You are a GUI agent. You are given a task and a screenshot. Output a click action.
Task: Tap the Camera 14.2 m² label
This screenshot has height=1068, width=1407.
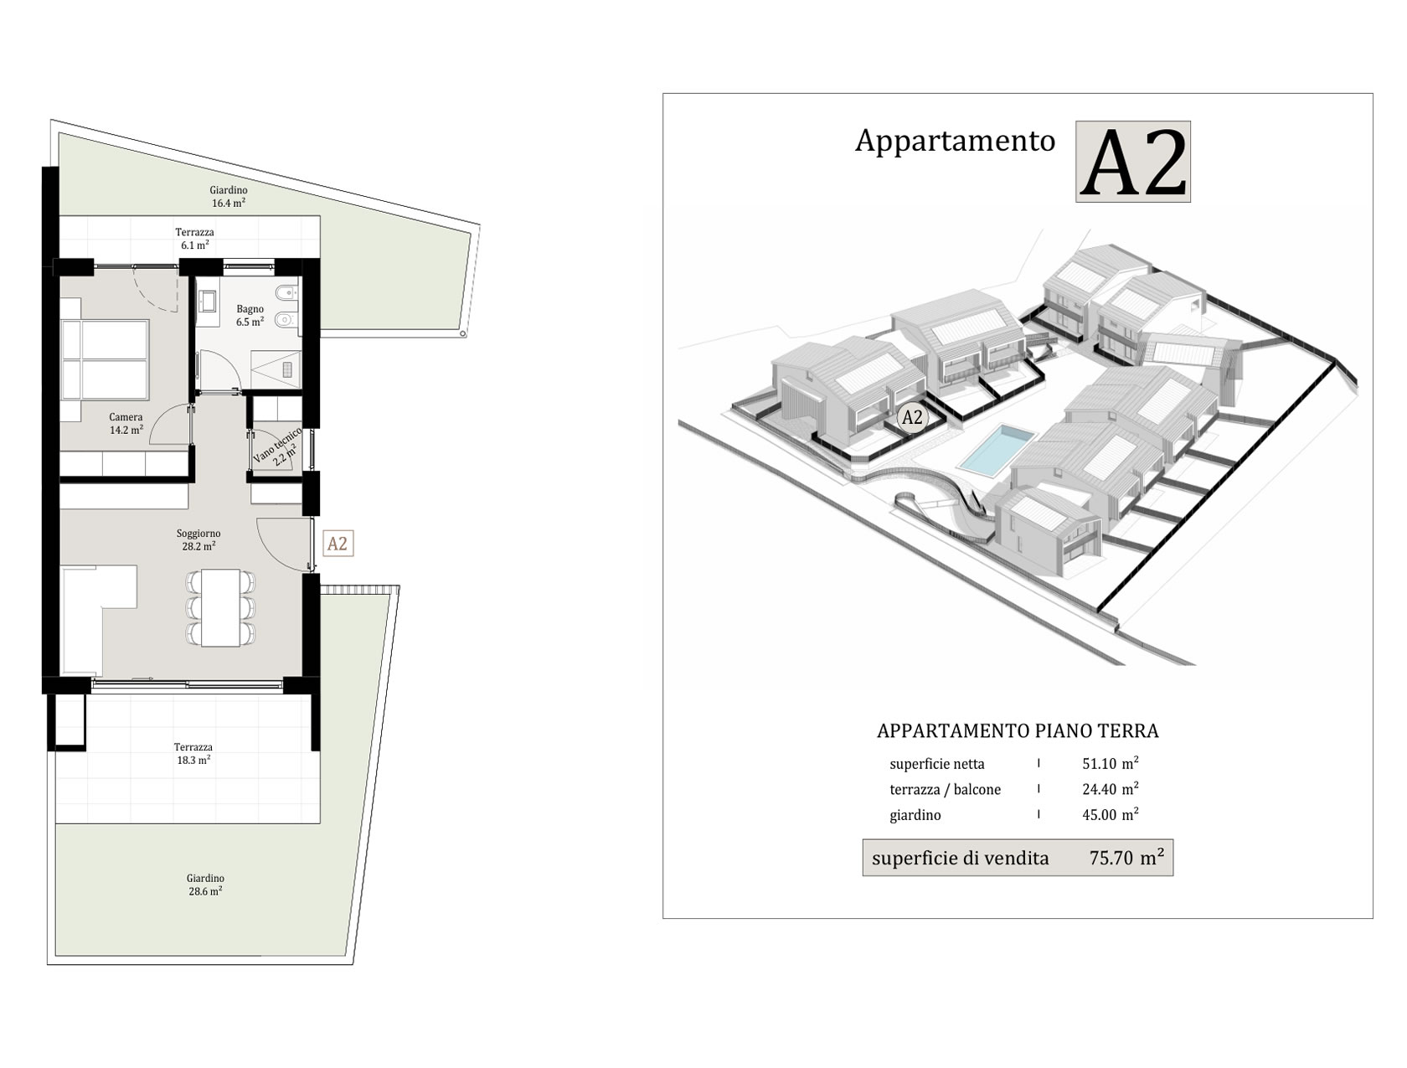[126, 423]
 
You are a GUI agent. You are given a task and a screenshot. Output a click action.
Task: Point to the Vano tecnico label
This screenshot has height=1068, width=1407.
[277, 446]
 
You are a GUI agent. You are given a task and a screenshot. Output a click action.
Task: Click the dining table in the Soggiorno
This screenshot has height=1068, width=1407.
[220, 608]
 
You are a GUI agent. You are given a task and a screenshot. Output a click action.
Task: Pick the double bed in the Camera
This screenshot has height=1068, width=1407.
[106, 359]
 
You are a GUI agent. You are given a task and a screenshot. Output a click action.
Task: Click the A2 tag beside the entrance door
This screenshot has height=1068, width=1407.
[338, 544]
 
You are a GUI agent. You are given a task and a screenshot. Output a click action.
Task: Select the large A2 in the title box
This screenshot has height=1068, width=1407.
[1132, 162]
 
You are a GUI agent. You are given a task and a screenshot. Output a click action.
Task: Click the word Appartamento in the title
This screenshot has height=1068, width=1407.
[955, 141]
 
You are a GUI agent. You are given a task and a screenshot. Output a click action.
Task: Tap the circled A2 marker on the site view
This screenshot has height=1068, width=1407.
[911, 418]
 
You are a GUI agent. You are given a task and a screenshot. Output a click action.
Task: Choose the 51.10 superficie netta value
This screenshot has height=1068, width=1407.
[1100, 763]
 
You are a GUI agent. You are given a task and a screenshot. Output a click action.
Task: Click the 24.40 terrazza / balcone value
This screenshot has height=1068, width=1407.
[1100, 789]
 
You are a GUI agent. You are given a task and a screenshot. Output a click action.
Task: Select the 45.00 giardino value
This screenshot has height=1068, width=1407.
[1100, 815]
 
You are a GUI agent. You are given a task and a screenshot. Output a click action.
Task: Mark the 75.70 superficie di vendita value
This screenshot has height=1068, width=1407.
[1111, 858]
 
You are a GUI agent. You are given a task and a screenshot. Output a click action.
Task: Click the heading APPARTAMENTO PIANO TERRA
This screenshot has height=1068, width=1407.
[1018, 730]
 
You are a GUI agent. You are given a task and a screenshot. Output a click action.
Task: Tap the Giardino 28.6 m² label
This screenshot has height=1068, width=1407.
[205, 885]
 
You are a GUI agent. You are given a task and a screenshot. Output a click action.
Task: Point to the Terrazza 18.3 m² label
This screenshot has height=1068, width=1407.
[193, 753]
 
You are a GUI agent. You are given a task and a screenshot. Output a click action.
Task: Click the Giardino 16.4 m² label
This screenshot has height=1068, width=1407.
[228, 196]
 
